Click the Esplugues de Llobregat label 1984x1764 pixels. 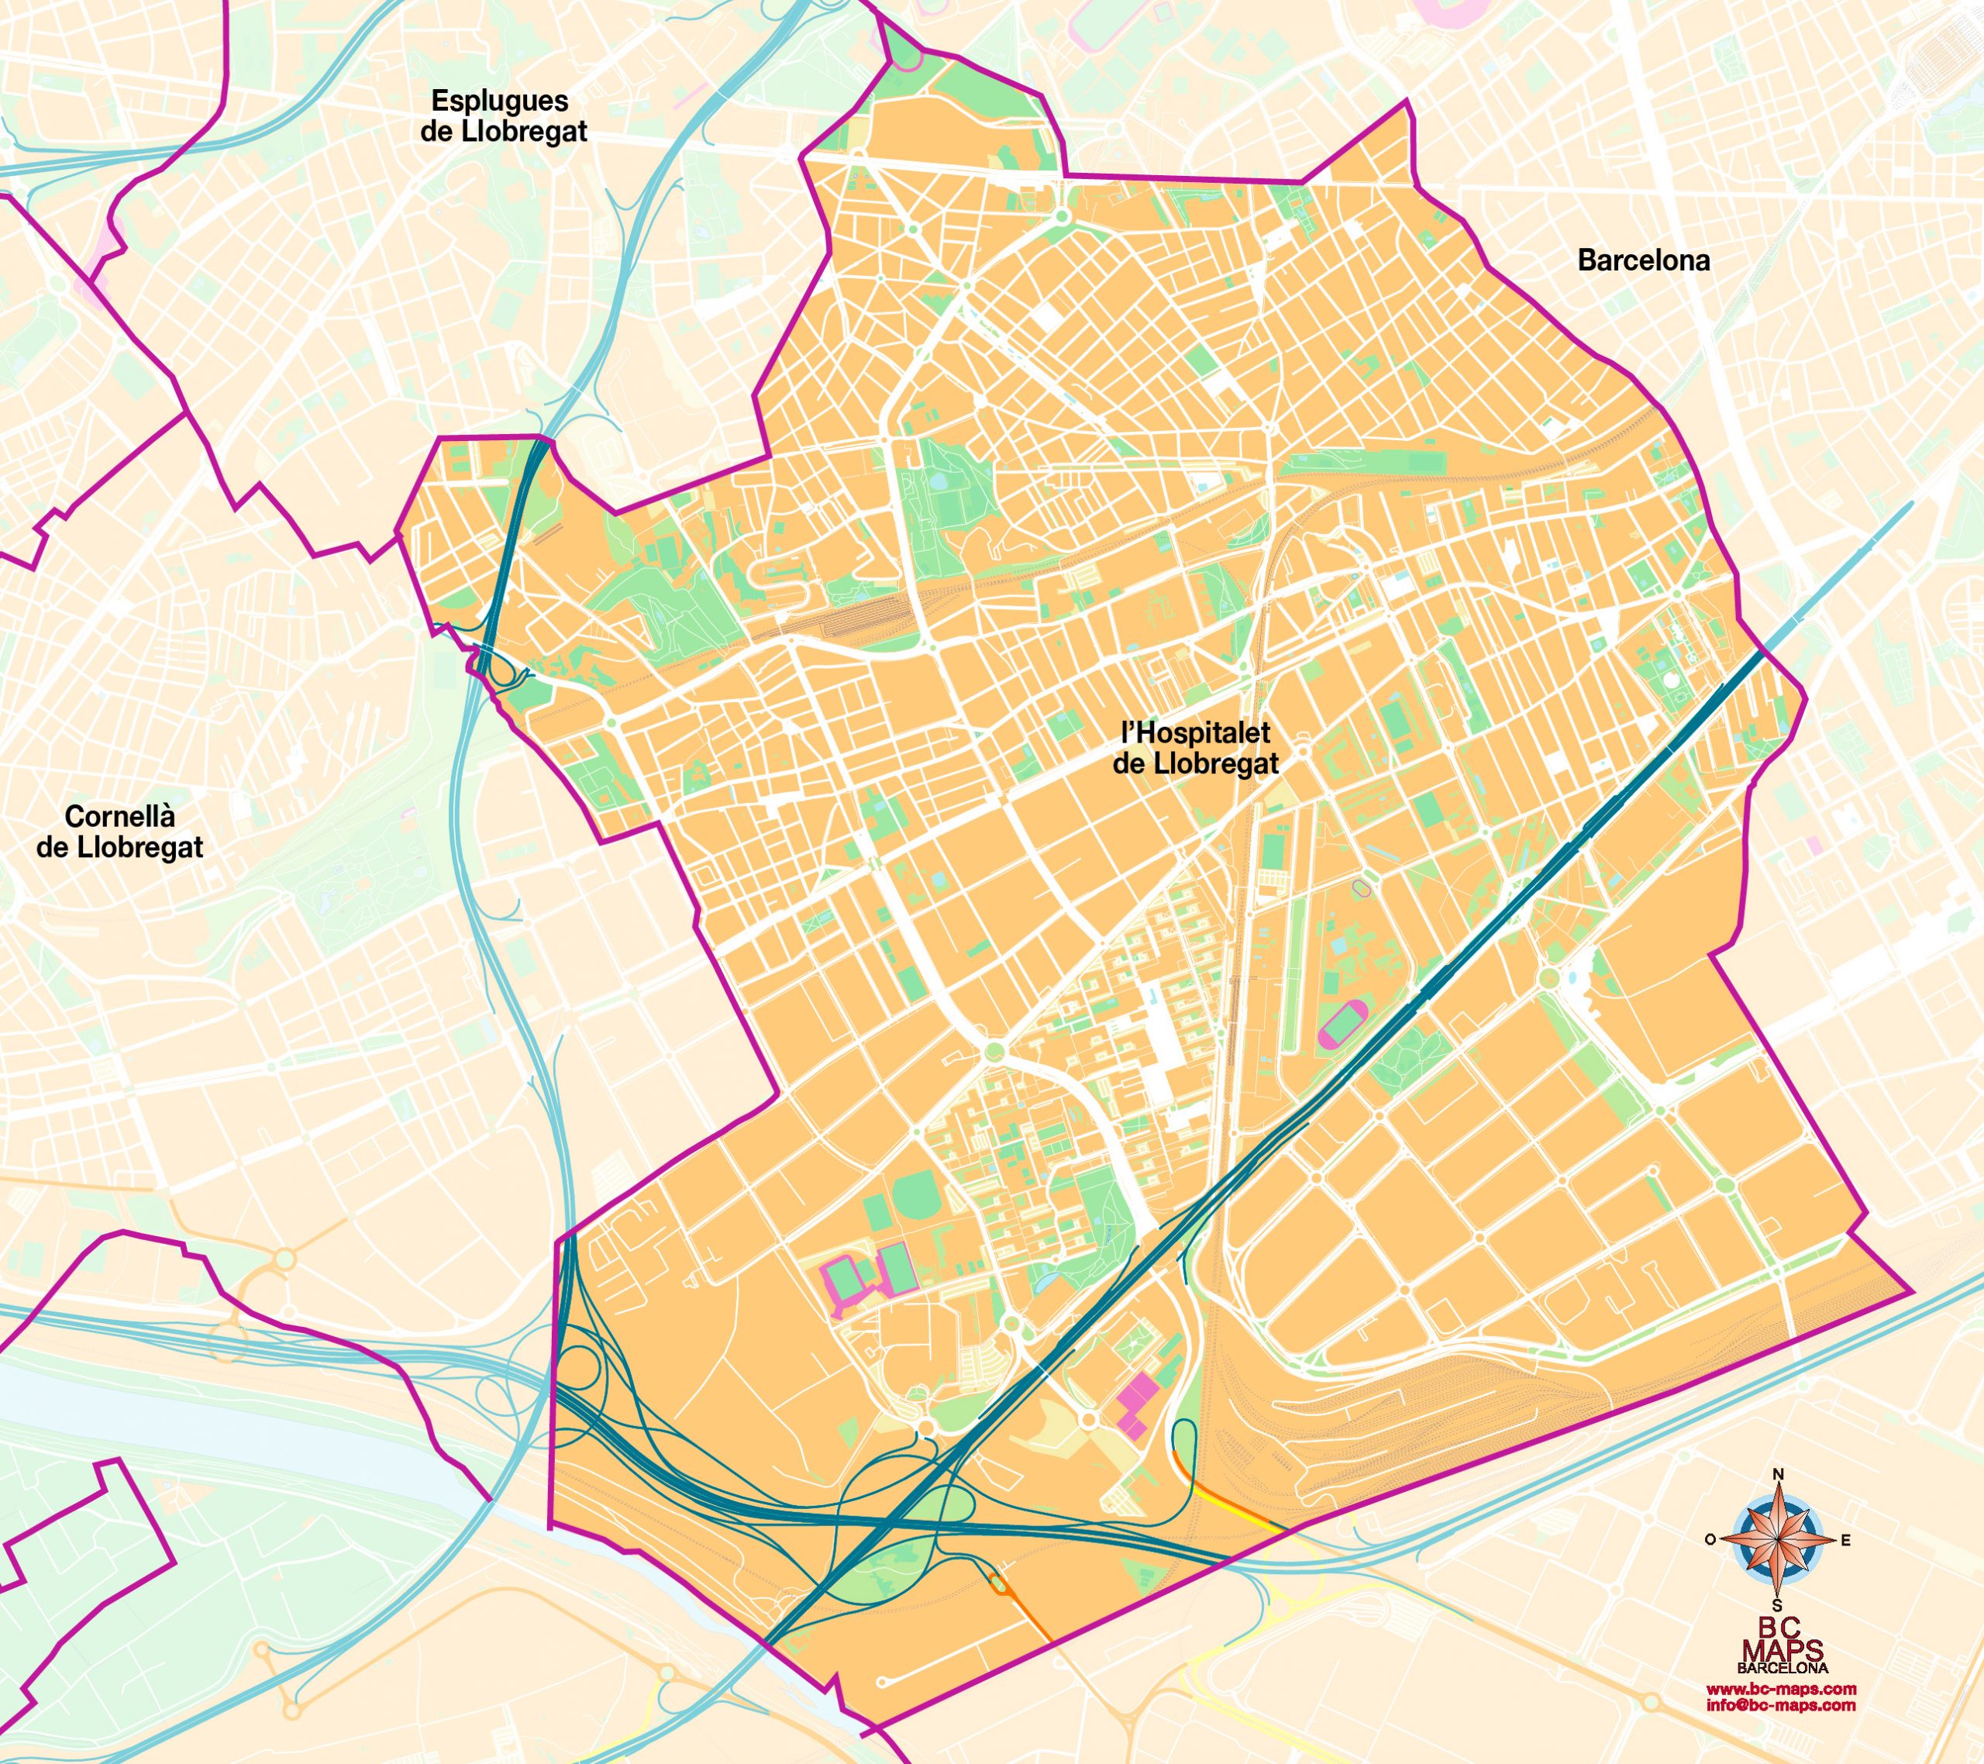coord(504,115)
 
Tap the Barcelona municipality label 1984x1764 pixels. coord(1643,260)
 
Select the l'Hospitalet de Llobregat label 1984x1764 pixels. coord(1195,748)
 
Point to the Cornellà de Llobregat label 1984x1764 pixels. coord(120,832)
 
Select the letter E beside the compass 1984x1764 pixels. coord(1845,1541)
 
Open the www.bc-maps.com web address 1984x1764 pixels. coord(1780,1690)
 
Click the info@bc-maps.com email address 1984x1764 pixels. coord(1780,1705)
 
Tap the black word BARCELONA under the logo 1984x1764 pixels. coord(1782,1668)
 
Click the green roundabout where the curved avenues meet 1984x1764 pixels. coord(993,1053)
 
